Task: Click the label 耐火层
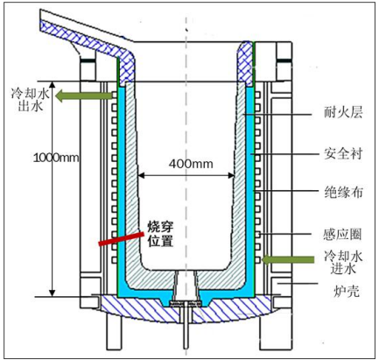pyautogui.click(x=343, y=112)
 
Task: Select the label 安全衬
pyautogui.click(x=343, y=153)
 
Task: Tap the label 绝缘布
pyautogui.click(x=343, y=193)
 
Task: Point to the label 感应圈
pyautogui.click(x=342, y=235)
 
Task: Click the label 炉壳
pyautogui.click(x=346, y=291)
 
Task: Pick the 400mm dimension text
pyautogui.click(x=191, y=164)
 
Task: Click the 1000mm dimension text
pyautogui.click(x=56, y=158)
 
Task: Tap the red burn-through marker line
pyautogui.click(x=122, y=238)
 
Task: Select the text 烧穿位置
pyautogui.click(x=160, y=234)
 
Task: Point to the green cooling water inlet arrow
pyautogui.click(x=288, y=259)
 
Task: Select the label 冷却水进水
pyautogui.click(x=343, y=262)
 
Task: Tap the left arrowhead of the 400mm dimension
pyautogui.click(x=140, y=175)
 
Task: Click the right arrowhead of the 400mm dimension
pyautogui.click(x=232, y=175)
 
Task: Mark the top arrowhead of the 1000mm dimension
pyautogui.click(x=53, y=85)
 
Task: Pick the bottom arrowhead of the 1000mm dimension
pyautogui.click(x=53, y=293)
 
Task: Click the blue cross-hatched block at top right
pyautogui.click(x=245, y=64)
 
